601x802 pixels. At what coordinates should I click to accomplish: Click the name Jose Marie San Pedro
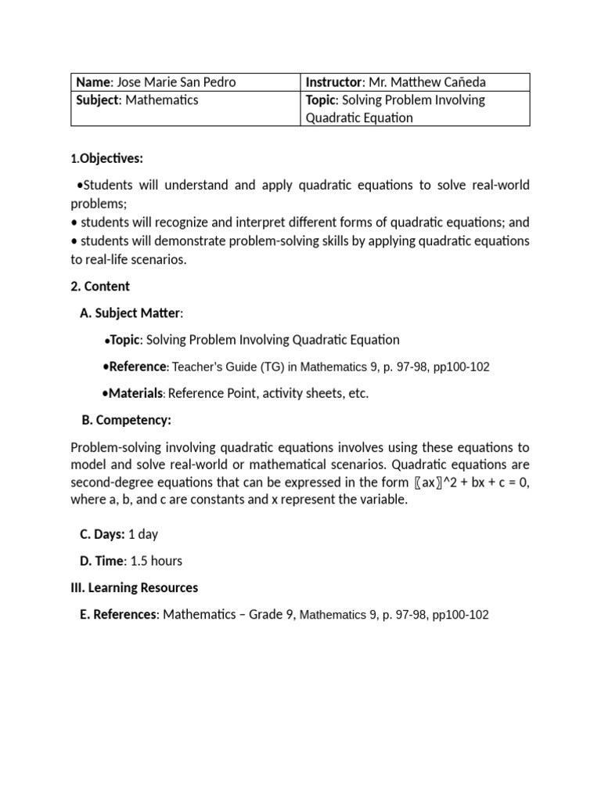pos(176,82)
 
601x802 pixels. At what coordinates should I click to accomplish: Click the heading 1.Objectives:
pos(106,158)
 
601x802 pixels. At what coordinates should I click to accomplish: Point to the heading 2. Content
pos(100,286)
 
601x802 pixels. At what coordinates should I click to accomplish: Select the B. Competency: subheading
pos(126,421)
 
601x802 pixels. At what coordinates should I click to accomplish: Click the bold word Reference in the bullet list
pos(138,367)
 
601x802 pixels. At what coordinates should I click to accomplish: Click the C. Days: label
pos(102,534)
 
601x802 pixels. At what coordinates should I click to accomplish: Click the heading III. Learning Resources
pos(134,587)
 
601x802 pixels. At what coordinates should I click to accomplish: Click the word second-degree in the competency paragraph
pos(108,482)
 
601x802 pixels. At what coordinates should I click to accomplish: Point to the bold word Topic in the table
pos(321,100)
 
